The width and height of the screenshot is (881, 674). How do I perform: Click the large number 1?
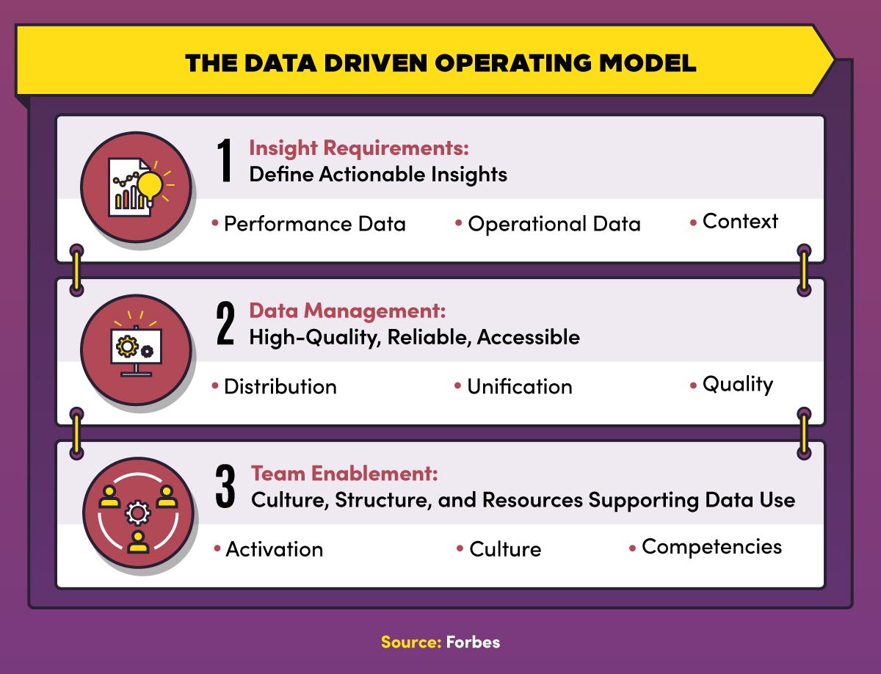click(x=225, y=163)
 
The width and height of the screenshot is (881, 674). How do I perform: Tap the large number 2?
click(x=225, y=326)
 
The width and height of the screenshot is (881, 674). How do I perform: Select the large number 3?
click(x=225, y=488)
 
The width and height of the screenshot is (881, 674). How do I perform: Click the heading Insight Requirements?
click(x=359, y=148)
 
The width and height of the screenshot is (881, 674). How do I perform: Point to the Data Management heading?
click(x=347, y=311)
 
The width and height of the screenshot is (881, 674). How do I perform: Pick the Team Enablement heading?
click(x=344, y=474)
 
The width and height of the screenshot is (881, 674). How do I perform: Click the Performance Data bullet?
click(x=314, y=223)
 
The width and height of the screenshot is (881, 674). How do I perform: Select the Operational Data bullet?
click(x=554, y=224)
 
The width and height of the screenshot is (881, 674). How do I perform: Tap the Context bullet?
click(x=739, y=221)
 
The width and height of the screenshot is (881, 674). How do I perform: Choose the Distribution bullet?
click(x=280, y=386)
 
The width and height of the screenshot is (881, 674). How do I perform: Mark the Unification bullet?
click(x=519, y=386)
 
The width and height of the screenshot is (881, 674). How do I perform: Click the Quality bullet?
click(x=737, y=384)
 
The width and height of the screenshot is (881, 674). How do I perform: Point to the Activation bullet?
click(x=274, y=549)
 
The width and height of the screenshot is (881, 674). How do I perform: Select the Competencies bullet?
click(x=711, y=547)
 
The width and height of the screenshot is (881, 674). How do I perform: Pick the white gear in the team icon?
click(x=136, y=512)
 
